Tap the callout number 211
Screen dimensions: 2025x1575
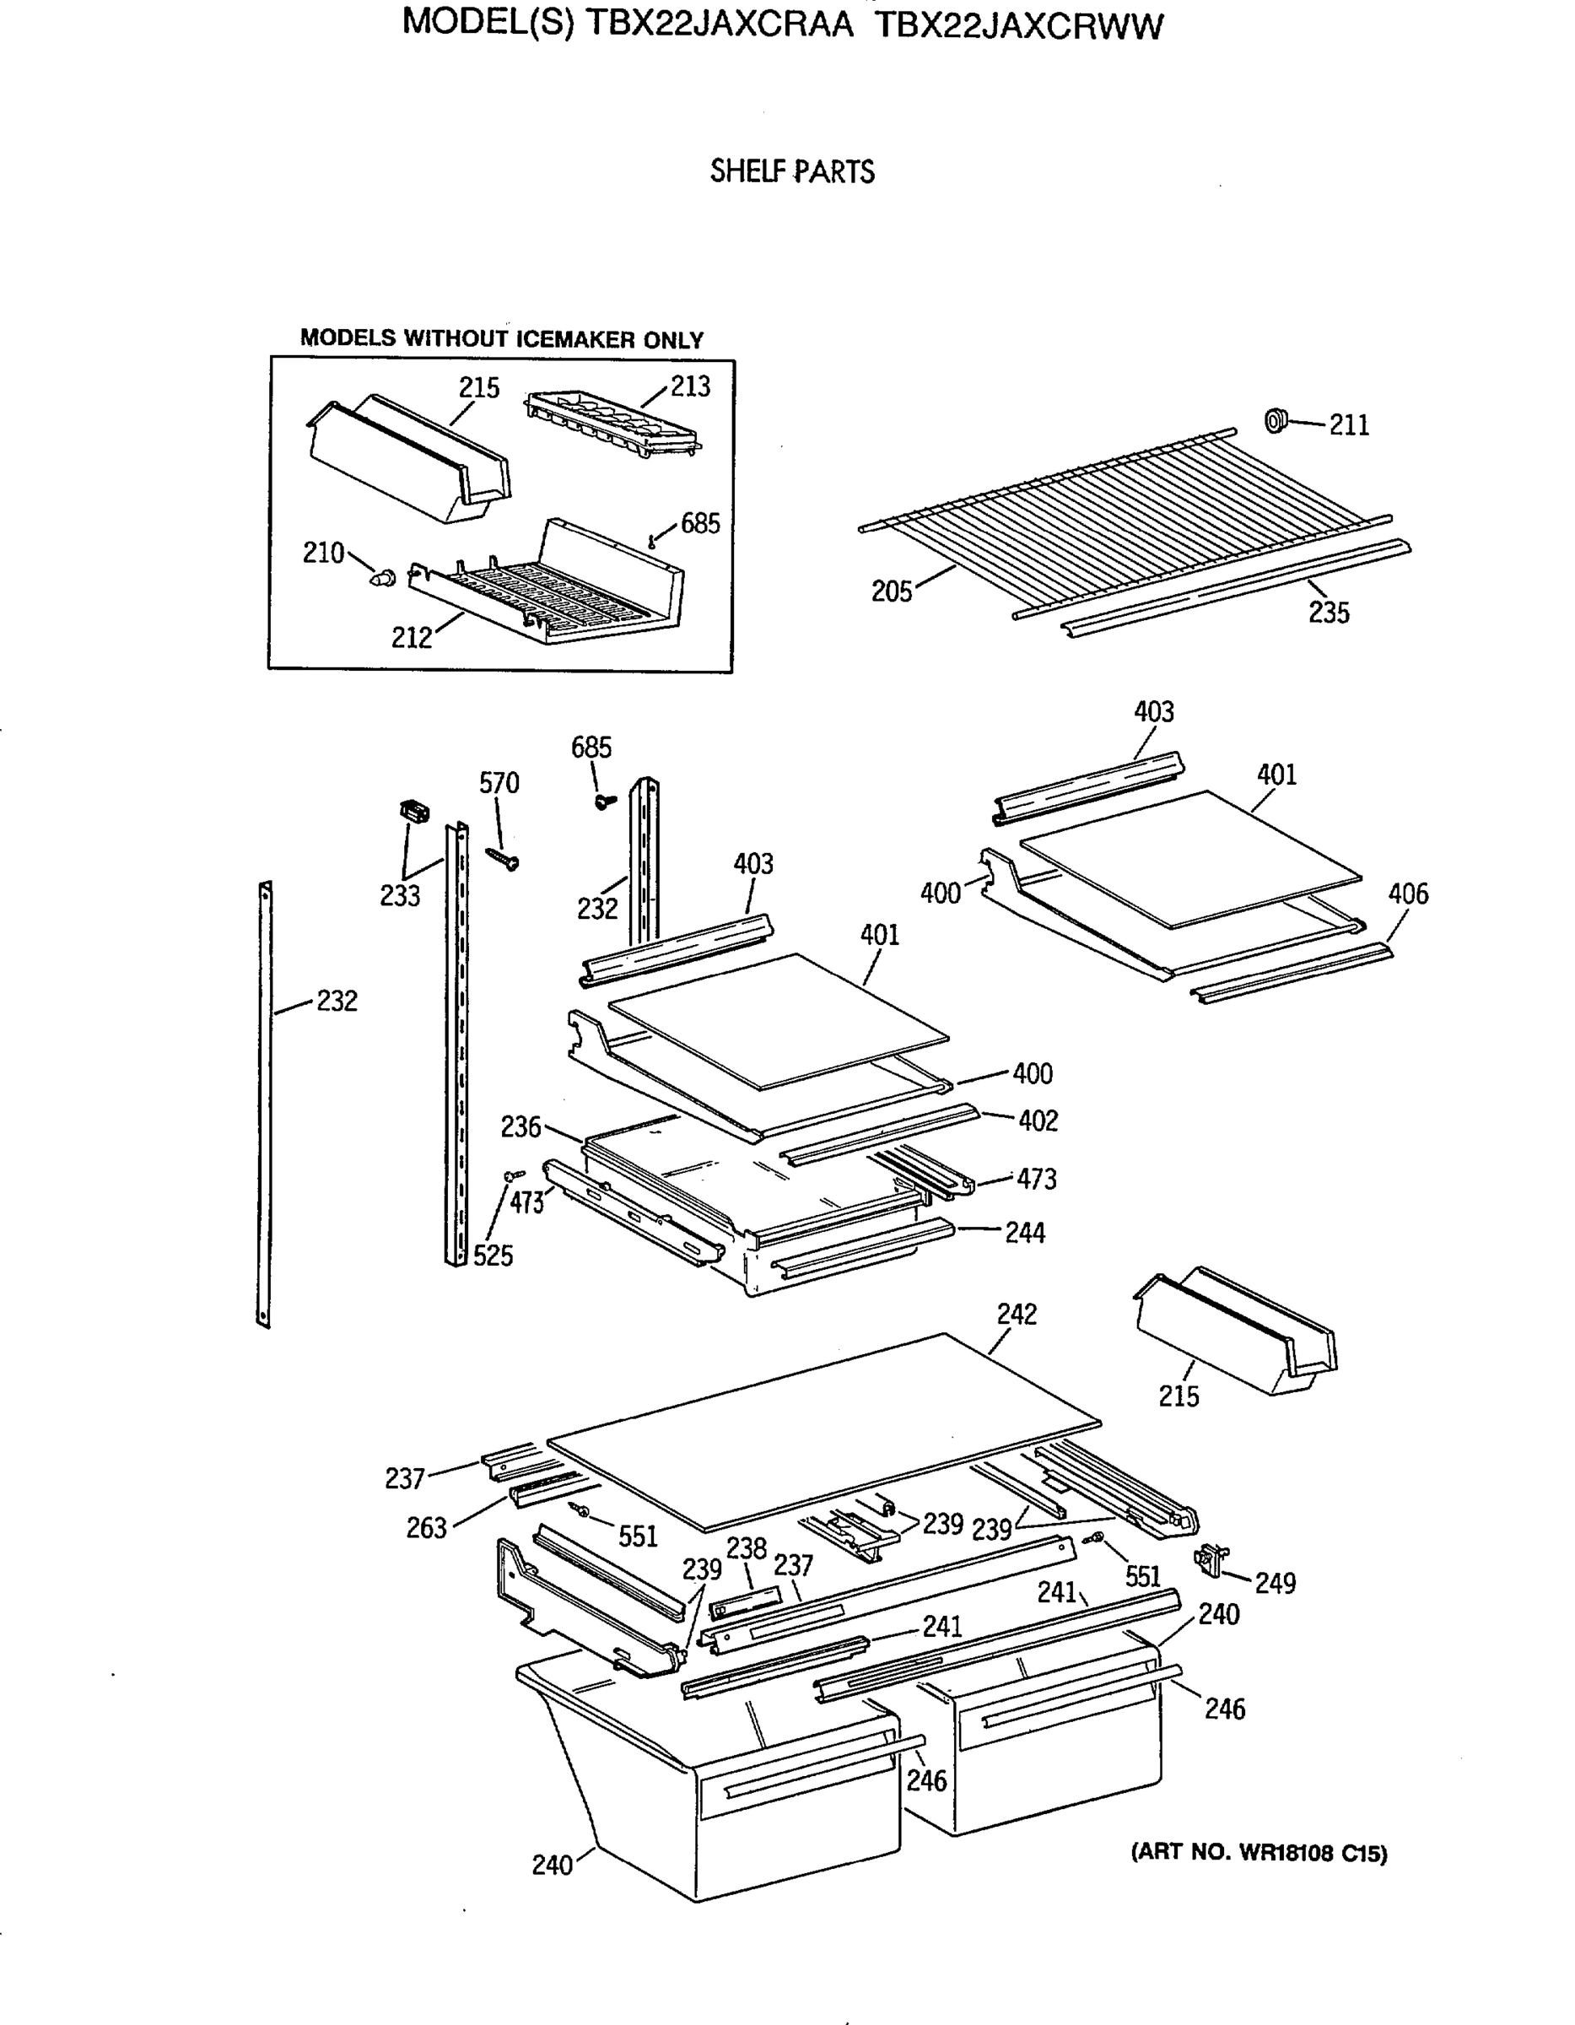tap(1349, 424)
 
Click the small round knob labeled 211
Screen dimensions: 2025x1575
tap(1276, 420)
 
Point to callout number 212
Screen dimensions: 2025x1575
tap(412, 638)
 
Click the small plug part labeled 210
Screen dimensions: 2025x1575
tap(381, 579)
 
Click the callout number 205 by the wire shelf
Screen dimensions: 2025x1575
tap(892, 591)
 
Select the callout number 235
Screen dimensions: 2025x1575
tap(1329, 612)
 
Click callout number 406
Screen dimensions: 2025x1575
tap(1407, 894)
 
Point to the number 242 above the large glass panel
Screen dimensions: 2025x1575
tap(1016, 1314)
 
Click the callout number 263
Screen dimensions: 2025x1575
tap(426, 1528)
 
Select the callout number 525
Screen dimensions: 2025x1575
tap(493, 1255)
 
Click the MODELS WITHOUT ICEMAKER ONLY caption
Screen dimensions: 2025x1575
tap(501, 339)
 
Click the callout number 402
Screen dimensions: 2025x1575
tap(1038, 1121)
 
